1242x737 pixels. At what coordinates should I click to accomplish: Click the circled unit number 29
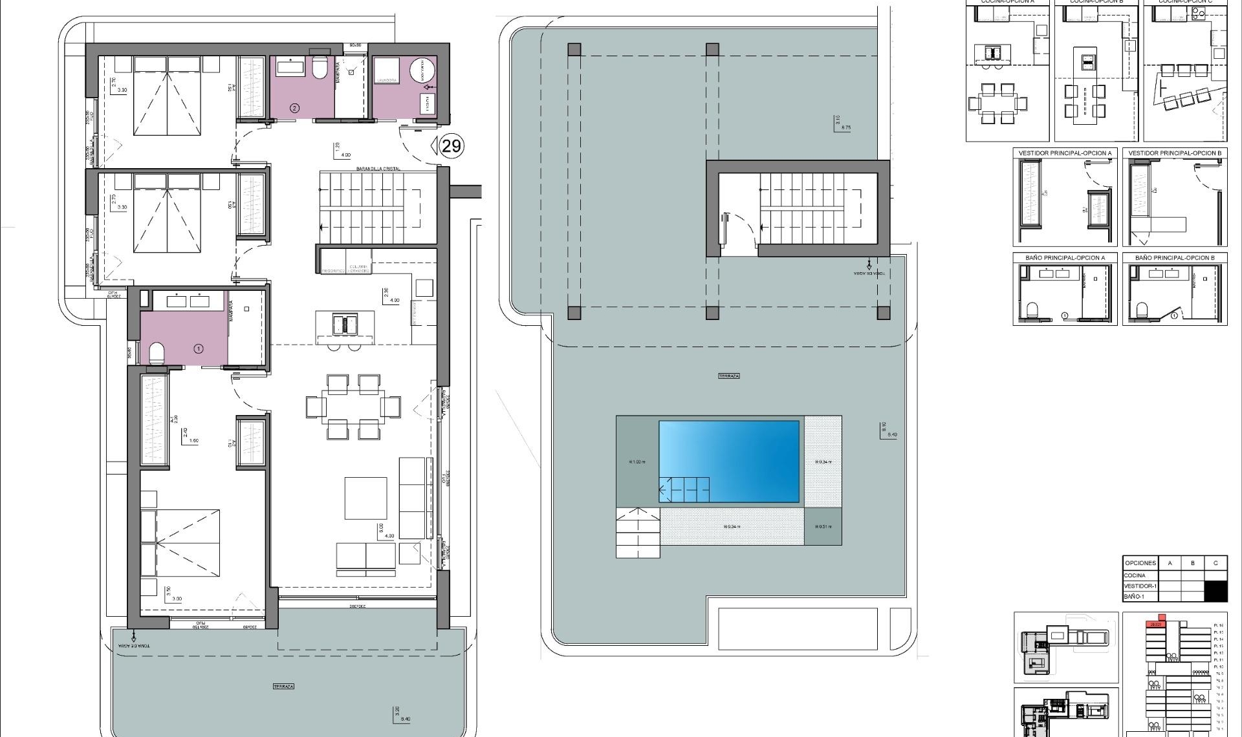point(451,146)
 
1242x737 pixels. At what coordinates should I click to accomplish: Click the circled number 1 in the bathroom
point(199,348)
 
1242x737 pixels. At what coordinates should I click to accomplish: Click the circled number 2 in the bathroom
point(294,108)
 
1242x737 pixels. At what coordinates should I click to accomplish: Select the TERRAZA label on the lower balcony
point(283,687)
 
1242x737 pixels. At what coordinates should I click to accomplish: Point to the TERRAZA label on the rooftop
point(728,376)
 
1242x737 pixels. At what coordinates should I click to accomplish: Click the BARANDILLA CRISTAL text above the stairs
point(378,169)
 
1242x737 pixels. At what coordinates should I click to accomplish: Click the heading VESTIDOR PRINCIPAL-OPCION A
point(1065,153)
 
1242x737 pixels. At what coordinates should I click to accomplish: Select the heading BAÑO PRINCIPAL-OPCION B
point(1174,257)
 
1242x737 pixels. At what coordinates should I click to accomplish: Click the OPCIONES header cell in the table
point(1140,563)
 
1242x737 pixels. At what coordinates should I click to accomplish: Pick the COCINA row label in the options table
point(1135,575)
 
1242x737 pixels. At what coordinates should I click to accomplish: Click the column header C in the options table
point(1215,563)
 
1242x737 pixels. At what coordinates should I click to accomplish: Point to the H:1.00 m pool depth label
point(637,462)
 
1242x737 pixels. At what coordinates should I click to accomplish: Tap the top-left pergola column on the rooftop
point(574,50)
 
